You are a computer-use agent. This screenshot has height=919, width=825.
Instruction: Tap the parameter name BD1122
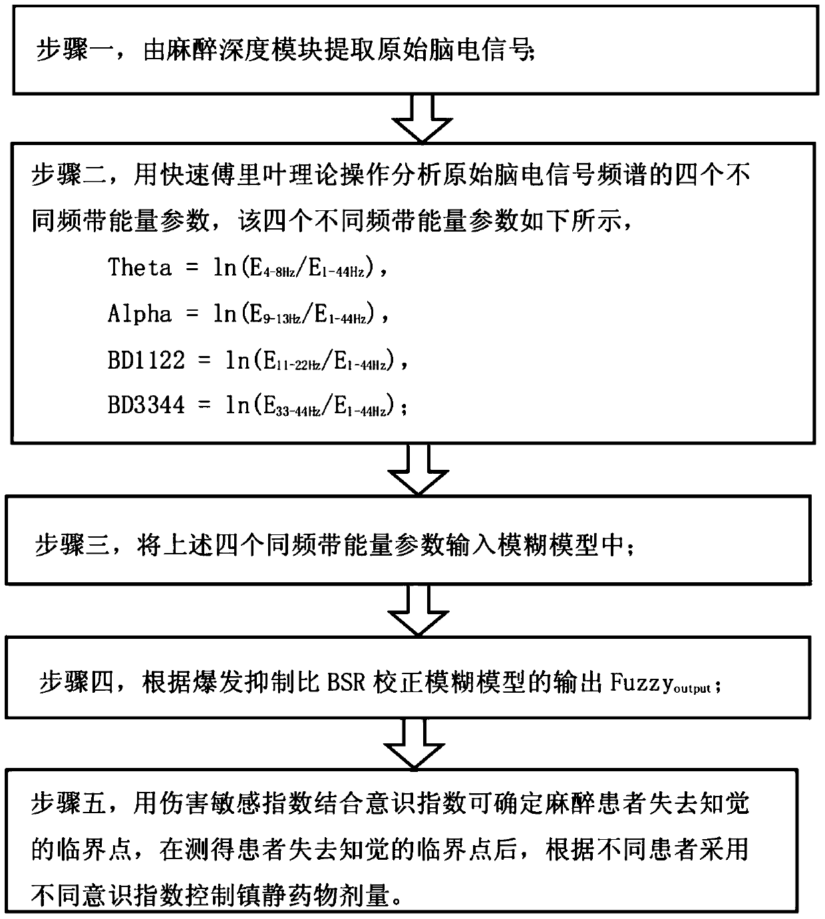146,360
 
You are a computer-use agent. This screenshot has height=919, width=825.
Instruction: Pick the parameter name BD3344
146,405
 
